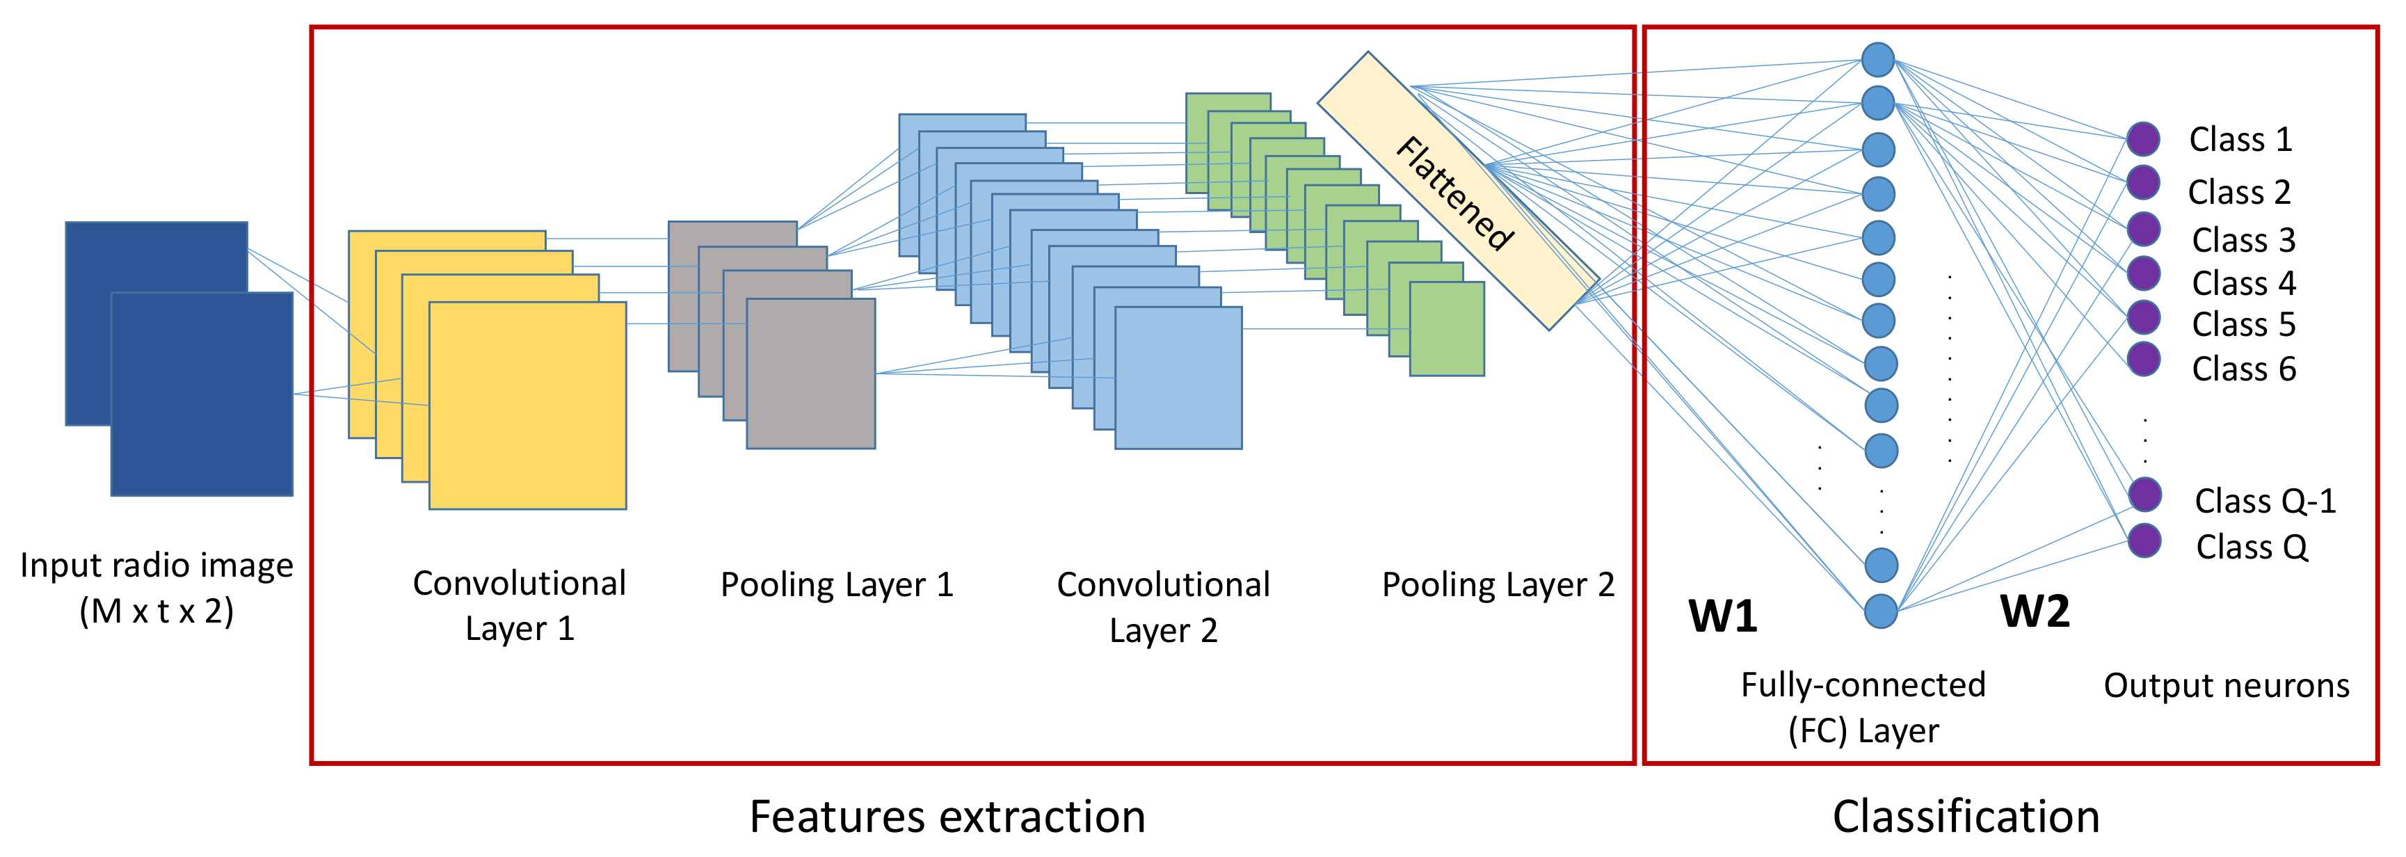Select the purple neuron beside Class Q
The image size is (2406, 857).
coord(2144,540)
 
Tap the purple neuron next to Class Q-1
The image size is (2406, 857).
coord(2144,495)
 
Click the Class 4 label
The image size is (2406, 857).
coord(2243,282)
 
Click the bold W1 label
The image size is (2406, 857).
coord(1722,616)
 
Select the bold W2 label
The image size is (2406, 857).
coord(2035,611)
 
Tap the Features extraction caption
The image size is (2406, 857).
coord(947,816)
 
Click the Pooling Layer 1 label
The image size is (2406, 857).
coord(837,584)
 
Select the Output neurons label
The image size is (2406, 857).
coord(2226,685)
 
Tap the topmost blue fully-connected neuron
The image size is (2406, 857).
coord(1877,60)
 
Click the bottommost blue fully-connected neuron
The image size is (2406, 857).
coord(1881,611)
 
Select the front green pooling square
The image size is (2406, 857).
coord(1447,329)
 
